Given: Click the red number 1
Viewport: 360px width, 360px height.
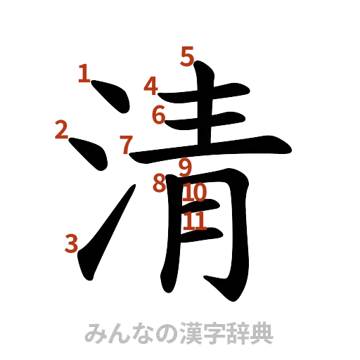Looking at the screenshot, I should tap(84, 73).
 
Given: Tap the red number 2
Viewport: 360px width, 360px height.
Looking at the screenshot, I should tap(61, 129).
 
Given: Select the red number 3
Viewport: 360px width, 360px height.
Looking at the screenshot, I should tap(70, 243).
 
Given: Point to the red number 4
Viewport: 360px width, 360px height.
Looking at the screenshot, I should tap(150, 86).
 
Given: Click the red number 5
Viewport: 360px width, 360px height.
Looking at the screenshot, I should tap(187, 55).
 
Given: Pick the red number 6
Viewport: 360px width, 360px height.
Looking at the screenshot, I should tap(159, 114).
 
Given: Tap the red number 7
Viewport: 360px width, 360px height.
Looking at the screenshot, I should tap(125, 146).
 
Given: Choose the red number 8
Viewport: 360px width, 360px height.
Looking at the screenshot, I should tap(160, 184).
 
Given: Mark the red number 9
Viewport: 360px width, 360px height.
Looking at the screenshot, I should tap(186, 167).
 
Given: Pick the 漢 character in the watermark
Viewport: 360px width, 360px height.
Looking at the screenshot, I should tap(181, 333).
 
